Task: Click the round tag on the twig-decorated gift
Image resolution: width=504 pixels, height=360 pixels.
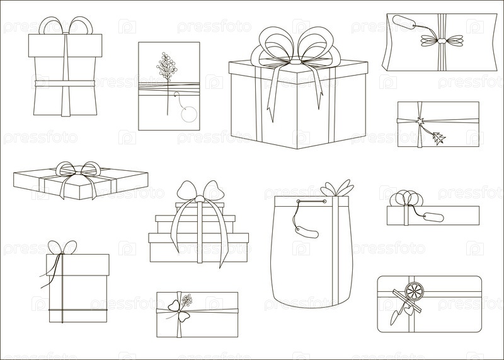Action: pos(188,114)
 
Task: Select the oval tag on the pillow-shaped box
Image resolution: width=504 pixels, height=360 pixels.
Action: pos(403,22)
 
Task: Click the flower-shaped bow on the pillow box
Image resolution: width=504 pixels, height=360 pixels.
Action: pos(442,41)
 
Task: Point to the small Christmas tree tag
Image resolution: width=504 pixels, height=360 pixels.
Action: pos(439,138)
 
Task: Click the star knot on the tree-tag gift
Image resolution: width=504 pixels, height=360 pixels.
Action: pos(420,122)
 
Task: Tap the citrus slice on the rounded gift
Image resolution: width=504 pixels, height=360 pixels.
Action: pos(414,291)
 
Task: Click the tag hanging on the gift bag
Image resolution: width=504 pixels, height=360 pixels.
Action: pos(307,231)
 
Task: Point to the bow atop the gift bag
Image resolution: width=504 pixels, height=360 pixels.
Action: pos(337,189)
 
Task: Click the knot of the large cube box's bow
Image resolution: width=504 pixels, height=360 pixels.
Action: pos(295,61)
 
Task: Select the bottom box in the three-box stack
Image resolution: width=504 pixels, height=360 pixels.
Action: pos(198,247)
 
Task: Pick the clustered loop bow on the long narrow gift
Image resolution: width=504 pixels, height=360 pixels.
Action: pos(404,198)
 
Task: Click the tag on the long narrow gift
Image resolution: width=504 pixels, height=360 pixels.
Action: pos(433,217)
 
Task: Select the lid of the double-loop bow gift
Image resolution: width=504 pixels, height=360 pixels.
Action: pos(66,45)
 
